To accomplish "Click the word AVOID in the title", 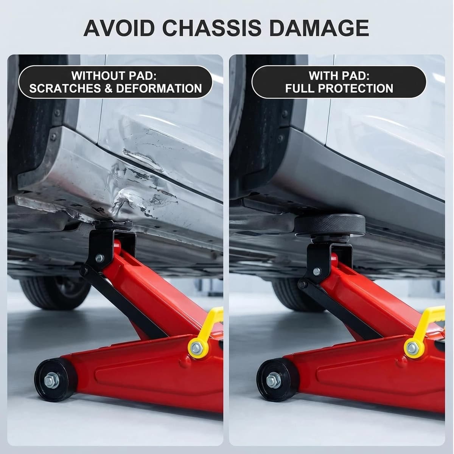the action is tap(119, 28).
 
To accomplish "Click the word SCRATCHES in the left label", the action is tap(65, 89).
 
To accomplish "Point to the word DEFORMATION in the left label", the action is tap(159, 89).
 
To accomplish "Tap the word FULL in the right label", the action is tap(300, 89).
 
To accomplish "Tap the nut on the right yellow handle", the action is tap(413, 348).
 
